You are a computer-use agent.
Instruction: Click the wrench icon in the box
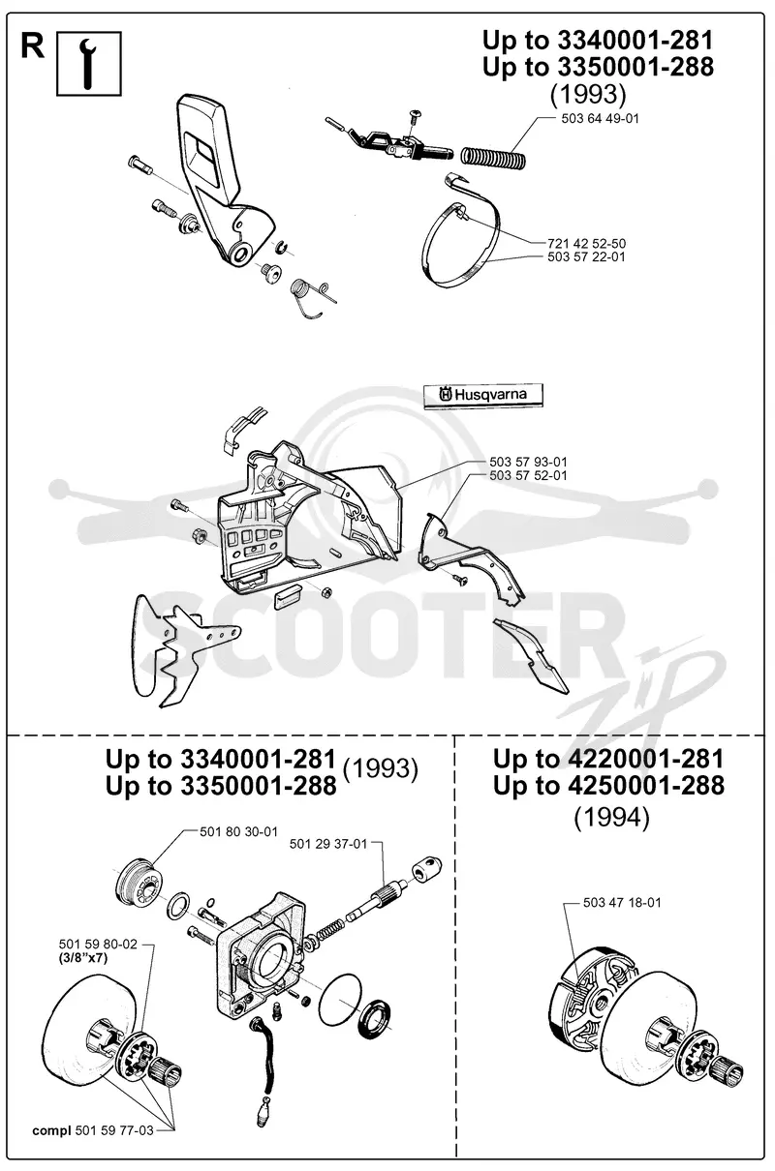(89, 64)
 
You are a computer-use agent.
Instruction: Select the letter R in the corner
(32, 47)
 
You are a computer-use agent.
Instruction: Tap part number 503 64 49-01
(600, 119)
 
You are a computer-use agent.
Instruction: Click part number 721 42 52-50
(586, 243)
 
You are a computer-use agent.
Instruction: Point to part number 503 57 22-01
(586, 256)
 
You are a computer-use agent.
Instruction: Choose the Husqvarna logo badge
(483, 396)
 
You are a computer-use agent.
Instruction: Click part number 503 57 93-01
(528, 462)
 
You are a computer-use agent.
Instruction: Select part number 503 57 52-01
(528, 475)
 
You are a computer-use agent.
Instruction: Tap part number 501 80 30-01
(238, 831)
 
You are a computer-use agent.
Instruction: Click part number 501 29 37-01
(328, 844)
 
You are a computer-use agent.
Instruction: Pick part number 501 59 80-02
(98, 944)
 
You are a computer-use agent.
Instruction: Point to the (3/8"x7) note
(83, 958)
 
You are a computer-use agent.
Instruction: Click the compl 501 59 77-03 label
(93, 1130)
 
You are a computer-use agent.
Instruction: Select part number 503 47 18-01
(622, 902)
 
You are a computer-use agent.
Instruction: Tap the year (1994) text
(611, 818)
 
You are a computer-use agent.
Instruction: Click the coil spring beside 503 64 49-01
(493, 157)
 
